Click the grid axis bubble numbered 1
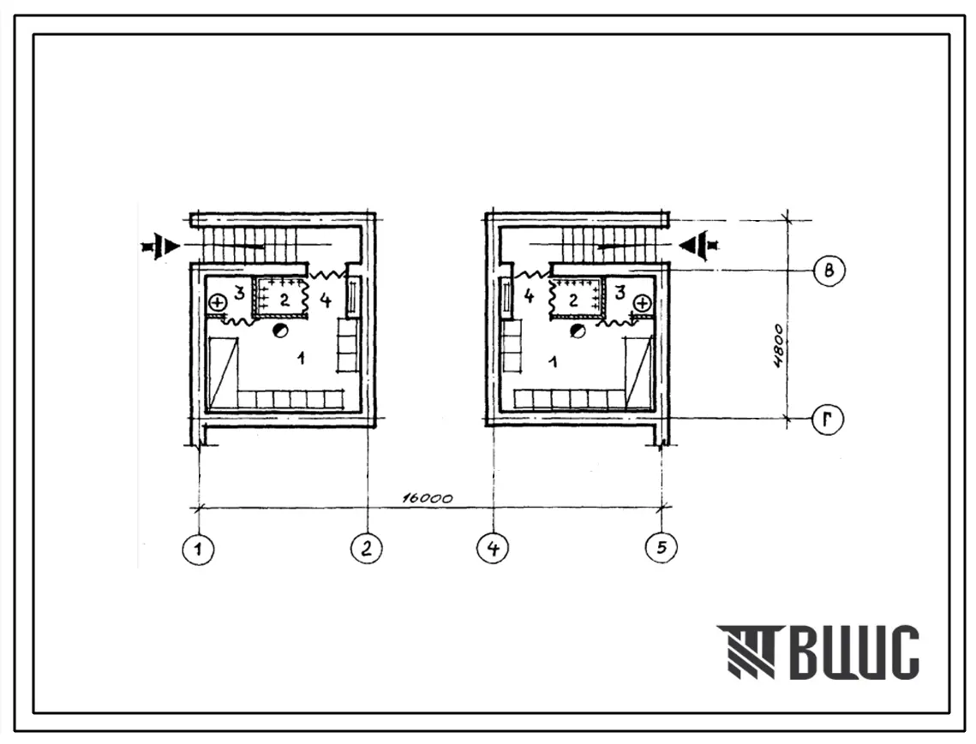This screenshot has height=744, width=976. (198, 550)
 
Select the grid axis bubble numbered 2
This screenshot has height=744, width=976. (367, 549)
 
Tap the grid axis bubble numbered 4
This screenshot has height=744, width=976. (493, 549)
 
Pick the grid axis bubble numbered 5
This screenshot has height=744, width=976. (661, 547)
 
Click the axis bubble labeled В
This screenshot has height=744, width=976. (829, 271)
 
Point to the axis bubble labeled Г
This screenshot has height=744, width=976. (828, 420)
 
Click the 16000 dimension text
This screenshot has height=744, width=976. (428, 497)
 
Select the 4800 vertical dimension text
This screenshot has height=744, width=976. (779, 346)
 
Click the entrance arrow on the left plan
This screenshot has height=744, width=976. (160, 247)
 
